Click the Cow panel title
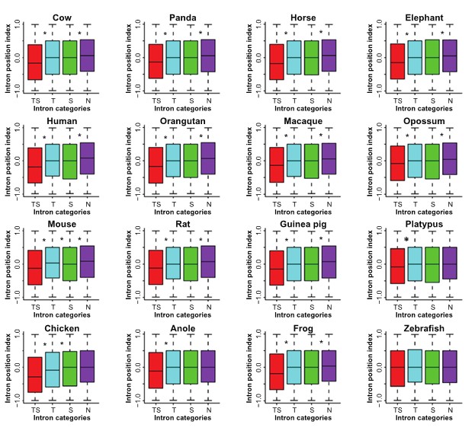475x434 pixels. [53, 17]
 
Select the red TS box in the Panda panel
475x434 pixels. [156, 61]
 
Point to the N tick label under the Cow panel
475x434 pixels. [87, 101]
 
